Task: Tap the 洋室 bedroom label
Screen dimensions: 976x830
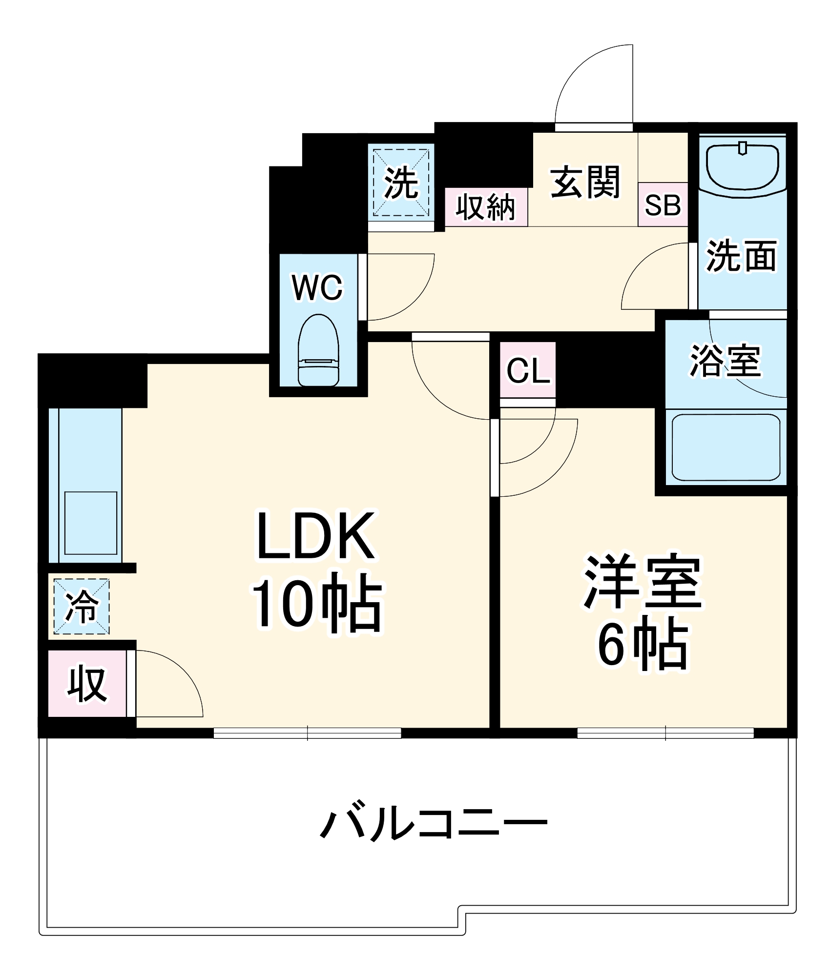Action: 643,582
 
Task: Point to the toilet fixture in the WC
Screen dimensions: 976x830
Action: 318,350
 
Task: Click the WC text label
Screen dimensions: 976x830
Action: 318,288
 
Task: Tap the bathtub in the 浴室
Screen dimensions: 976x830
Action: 726,447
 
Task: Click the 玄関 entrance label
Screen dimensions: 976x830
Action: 585,182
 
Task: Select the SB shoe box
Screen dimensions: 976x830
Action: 663,205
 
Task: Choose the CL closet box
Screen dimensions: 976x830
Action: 528,370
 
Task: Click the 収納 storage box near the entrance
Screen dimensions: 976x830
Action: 486,207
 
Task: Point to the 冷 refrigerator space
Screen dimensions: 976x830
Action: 82,607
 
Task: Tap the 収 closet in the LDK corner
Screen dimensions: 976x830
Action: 87,684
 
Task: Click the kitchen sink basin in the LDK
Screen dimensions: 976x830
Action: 91,523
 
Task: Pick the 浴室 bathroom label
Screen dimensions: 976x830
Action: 725,361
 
